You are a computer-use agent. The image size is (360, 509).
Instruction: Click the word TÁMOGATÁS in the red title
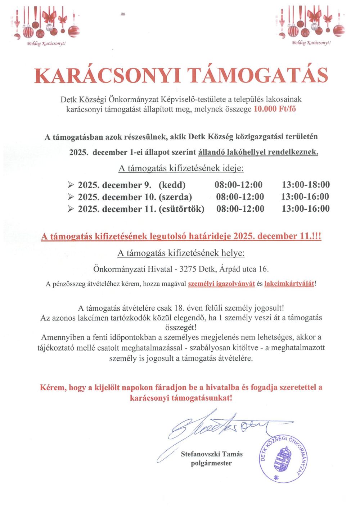tap(258, 76)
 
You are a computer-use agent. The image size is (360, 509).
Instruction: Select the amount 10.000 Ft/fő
tap(275, 109)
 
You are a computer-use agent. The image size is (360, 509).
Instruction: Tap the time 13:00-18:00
tap(306, 185)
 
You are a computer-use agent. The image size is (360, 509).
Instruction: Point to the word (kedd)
tap(172, 185)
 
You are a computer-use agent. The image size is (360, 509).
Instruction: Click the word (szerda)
tap(175, 197)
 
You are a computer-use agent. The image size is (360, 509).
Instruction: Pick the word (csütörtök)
tap(181, 209)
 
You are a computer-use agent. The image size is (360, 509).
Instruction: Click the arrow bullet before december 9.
tap(71, 185)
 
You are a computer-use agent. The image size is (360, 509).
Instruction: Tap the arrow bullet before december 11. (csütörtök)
tap(71, 209)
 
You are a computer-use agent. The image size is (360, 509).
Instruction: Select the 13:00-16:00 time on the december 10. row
tap(305, 197)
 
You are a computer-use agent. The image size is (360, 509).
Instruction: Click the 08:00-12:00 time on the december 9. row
tap(238, 185)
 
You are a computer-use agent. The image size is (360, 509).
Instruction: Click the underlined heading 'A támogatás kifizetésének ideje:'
tap(181, 168)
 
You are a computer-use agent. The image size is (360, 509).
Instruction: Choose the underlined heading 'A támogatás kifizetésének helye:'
tap(181, 253)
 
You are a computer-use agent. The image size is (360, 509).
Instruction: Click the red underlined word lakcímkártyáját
tap(289, 284)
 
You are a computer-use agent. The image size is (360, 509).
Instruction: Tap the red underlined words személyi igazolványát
tap(221, 284)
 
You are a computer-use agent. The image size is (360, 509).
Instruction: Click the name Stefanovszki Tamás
tap(212, 454)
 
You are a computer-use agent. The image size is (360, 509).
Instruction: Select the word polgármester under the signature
tap(211, 463)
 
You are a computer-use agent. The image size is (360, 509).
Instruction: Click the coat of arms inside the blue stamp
tap(283, 459)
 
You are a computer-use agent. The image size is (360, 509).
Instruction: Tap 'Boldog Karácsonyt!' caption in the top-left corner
tap(46, 44)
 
